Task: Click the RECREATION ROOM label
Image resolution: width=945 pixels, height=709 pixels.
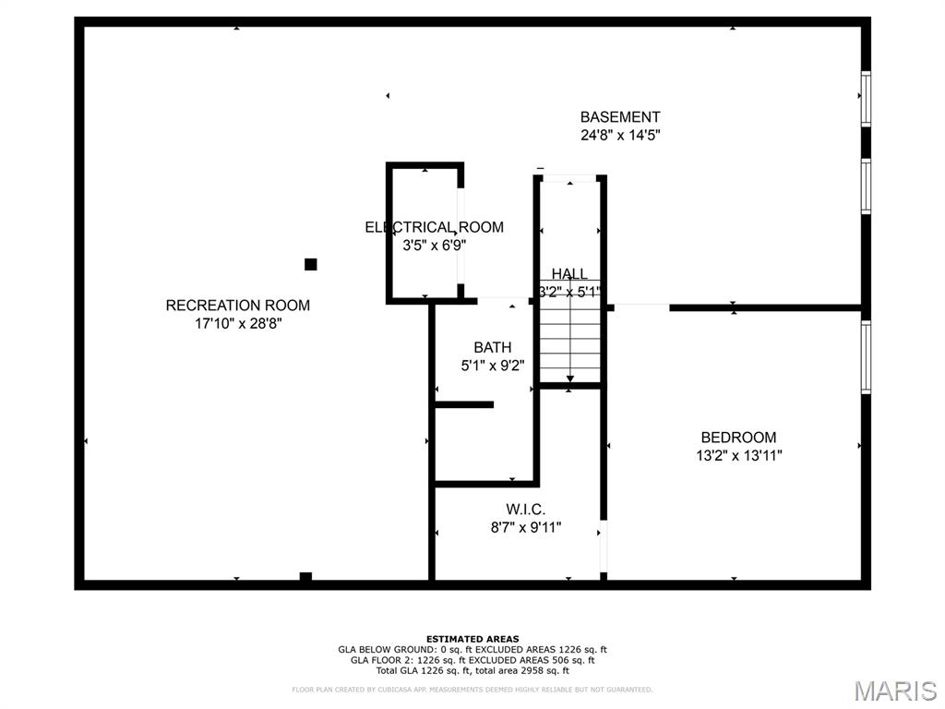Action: (238, 306)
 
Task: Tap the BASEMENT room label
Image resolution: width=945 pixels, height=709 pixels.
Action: (620, 117)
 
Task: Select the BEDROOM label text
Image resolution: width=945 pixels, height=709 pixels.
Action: (738, 438)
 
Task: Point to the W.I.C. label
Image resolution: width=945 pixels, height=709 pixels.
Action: (525, 510)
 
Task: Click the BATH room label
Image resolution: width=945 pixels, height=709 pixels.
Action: (493, 348)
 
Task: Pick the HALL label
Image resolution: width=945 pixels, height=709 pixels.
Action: (569, 274)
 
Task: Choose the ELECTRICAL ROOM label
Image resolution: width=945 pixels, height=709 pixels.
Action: (434, 227)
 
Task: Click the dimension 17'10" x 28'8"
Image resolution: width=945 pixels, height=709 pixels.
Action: (238, 324)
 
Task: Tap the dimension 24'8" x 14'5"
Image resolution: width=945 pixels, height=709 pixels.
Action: (620, 135)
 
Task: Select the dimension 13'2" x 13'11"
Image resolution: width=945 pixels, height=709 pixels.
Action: (738, 455)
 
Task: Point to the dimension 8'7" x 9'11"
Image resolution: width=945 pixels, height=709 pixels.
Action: (525, 528)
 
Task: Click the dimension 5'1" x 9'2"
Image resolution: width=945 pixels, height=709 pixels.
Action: (493, 366)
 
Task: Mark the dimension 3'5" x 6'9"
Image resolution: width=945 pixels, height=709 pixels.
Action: (434, 246)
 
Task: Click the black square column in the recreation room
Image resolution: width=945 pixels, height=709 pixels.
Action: (311, 264)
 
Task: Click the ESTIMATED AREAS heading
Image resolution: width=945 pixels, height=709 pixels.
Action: (472, 639)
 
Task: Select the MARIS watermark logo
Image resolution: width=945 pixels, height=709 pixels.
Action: (895, 691)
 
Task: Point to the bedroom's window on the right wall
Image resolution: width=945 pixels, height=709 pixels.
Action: (866, 356)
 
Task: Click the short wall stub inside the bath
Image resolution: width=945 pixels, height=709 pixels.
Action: (464, 404)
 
